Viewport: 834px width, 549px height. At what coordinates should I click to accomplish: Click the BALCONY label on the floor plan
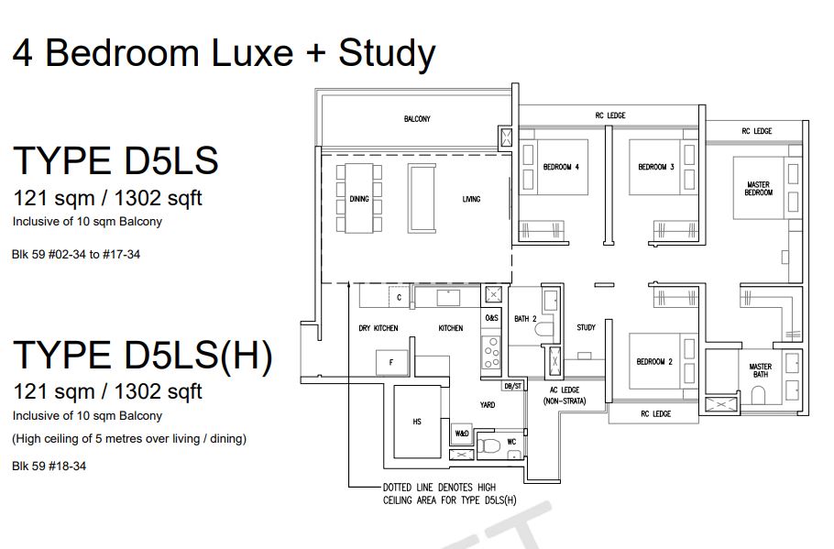point(417,119)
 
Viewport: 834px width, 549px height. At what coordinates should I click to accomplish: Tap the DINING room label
point(359,199)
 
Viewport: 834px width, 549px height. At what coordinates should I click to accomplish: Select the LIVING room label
point(471,199)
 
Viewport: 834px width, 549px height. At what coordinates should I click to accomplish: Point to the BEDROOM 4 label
point(561,167)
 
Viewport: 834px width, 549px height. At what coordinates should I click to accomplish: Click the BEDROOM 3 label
point(656,167)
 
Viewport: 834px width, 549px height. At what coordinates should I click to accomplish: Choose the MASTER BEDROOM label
point(759,188)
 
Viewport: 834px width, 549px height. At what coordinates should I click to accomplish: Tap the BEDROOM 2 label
point(654,362)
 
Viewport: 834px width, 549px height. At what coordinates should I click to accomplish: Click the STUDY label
point(587,328)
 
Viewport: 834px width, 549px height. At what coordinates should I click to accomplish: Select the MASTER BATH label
point(761,370)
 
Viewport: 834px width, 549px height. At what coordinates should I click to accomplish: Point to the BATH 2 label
point(525,319)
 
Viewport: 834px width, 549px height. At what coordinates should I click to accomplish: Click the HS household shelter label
point(417,422)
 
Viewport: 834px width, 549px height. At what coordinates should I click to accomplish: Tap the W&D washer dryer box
point(461,433)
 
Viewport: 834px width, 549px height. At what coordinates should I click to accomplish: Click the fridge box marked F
point(392,362)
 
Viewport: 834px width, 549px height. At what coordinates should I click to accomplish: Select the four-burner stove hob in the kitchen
point(491,352)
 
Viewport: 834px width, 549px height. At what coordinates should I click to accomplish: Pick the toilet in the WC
point(488,445)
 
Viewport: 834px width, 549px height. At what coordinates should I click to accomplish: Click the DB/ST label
point(512,386)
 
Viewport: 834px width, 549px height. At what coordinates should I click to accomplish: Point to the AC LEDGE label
point(565,390)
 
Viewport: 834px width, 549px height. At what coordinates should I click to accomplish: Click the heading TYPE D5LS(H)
point(143,356)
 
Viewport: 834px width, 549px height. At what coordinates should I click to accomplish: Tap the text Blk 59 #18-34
point(49,466)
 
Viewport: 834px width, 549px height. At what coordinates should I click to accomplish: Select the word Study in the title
point(387,54)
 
